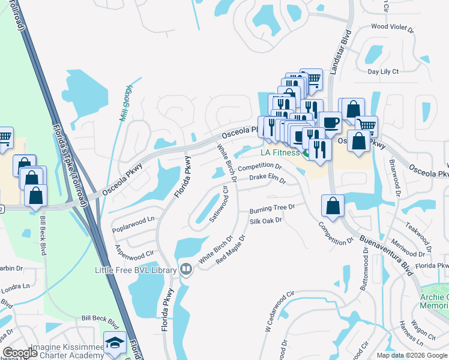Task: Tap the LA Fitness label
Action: click(279, 153)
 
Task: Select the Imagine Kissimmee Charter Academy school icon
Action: click(115, 343)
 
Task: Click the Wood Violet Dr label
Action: click(393, 27)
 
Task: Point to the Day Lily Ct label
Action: click(383, 71)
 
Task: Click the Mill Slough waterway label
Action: click(126, 103)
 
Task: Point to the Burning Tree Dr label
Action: click(273, 208)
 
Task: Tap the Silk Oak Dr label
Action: click(266, 221)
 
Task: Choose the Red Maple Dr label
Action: click(229, 251)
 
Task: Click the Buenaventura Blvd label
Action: click(387, 255)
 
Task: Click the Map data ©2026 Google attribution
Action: click(411, 355)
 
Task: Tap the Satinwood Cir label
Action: click(219, 204)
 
